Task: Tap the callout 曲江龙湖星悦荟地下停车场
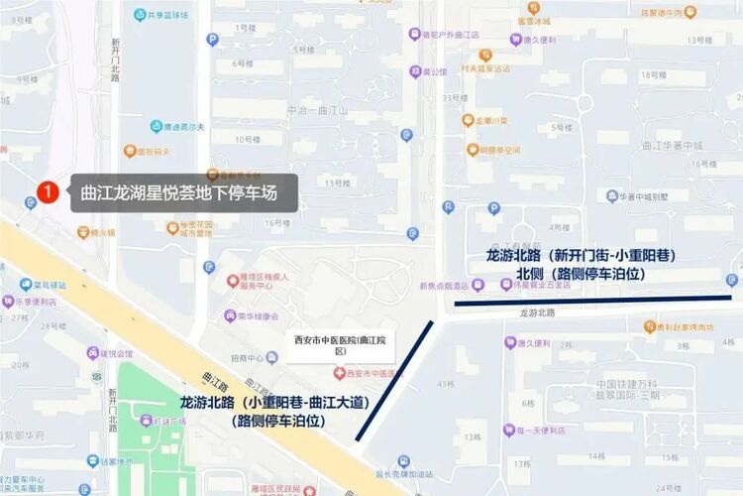pos(183,192)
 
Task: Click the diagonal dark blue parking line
pos(394,379)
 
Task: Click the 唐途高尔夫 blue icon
pos(157,127)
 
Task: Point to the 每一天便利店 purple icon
pos(510,431)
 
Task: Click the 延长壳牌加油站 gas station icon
pos(404,461)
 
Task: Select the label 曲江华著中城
pos(672,146)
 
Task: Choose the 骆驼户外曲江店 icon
pos(415,34)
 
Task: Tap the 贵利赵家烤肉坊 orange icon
pos(649,326)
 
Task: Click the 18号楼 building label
pos(651,75)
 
